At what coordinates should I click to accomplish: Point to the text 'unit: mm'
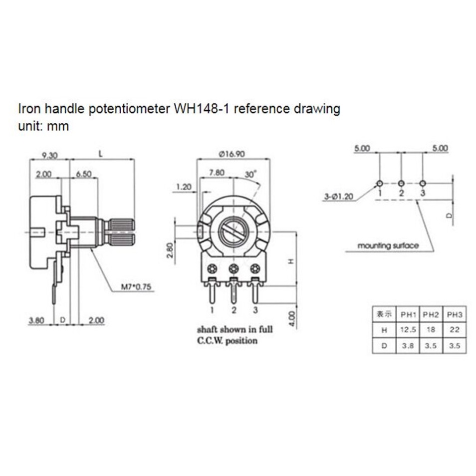point(43,126)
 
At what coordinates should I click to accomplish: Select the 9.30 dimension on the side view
point(49,156)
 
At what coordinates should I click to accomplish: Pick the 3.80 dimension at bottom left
point(37,320)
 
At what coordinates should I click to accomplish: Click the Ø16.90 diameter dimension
point(233,154)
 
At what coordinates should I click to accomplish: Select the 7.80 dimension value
point(217,172)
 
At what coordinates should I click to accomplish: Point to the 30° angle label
point(250,175)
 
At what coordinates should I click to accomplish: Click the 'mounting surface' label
point(388,245)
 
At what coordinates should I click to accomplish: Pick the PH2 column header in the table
point(431,315)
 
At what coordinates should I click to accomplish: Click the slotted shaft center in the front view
point(233,232)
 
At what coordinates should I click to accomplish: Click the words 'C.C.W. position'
point(227,341)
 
